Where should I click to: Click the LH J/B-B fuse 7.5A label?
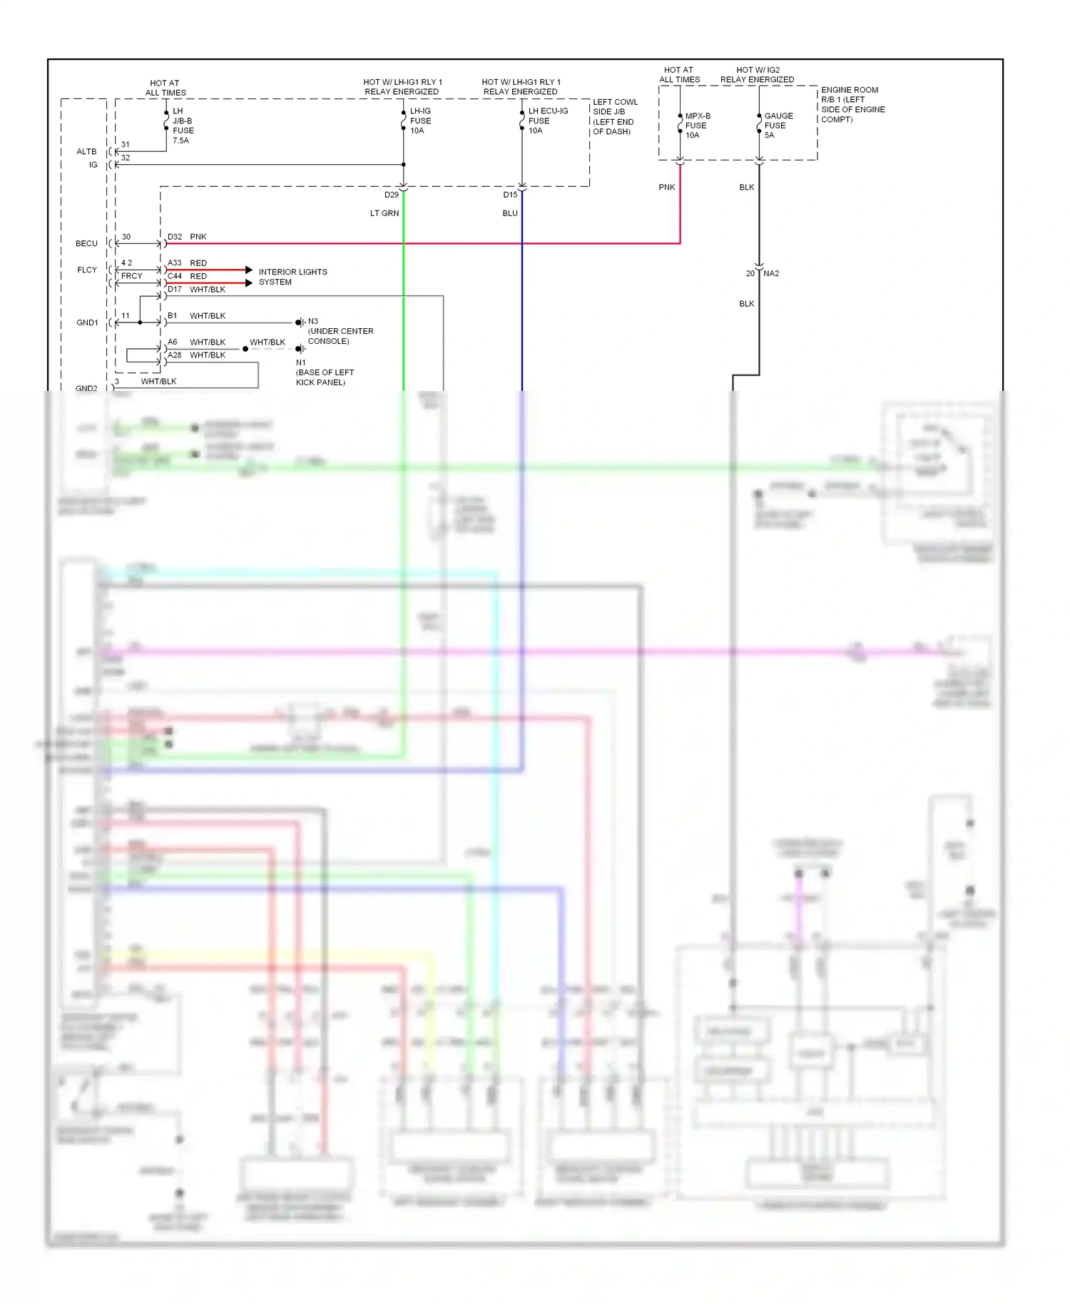click(183, 126)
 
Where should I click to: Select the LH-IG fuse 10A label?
click(420, 121)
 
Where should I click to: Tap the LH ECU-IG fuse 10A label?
click(547, 121)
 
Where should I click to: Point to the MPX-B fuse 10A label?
click(697, 126)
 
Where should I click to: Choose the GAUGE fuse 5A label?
click(778, 126)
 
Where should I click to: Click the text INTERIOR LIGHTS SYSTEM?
click(292, 277)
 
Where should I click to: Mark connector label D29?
click(392, 195)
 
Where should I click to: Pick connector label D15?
click(510, 195)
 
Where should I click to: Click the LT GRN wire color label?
click(384, 213)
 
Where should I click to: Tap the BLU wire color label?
click(510, 213)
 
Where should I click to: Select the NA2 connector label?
click(771, 273)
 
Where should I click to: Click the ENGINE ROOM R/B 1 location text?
click(852, 105)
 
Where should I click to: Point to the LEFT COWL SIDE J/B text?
click(615, 116)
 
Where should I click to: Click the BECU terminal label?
click(86, 244)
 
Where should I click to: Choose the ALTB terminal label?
click(86, 152)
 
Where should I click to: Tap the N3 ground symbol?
click(300, 322)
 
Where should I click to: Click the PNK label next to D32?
click(198, 237)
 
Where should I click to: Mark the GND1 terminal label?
click(87, 323)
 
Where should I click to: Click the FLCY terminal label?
click(87, 270)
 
